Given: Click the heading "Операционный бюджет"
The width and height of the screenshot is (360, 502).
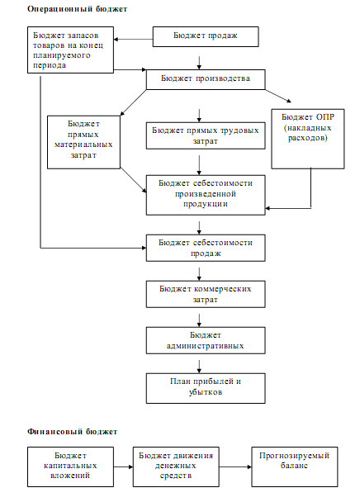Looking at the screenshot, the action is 77,9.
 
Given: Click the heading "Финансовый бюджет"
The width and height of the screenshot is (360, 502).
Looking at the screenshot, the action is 72,432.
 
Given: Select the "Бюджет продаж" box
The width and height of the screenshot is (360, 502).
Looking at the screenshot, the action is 206,37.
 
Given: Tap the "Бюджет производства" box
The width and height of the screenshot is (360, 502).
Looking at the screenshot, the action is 206,79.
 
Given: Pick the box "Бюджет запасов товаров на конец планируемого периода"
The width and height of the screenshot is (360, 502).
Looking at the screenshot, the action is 70,50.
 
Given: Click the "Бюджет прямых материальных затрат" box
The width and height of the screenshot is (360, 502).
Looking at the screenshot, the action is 83,142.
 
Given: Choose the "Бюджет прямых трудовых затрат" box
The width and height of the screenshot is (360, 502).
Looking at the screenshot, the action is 206,135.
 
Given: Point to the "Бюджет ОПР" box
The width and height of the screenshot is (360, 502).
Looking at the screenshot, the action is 308,139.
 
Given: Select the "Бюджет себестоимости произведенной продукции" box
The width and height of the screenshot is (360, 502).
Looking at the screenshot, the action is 206,195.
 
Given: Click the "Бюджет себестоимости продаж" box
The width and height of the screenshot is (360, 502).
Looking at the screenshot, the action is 206,249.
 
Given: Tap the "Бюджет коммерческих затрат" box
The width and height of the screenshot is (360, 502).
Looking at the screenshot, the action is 206,294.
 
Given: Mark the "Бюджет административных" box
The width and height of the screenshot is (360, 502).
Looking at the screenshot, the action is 206,340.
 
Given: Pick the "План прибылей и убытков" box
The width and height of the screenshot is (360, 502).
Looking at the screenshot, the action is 206,388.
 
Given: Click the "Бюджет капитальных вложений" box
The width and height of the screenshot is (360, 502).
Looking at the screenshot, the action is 70,467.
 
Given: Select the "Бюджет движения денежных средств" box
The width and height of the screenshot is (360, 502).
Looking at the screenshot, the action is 176,467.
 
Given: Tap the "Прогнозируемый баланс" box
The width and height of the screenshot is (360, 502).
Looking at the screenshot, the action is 295,467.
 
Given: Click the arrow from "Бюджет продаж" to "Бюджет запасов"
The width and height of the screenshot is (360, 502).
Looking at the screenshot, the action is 133,40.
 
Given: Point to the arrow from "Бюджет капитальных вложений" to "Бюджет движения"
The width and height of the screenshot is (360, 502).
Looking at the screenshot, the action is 123,466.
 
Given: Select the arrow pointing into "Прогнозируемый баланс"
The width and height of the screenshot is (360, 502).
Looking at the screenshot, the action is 235,466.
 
